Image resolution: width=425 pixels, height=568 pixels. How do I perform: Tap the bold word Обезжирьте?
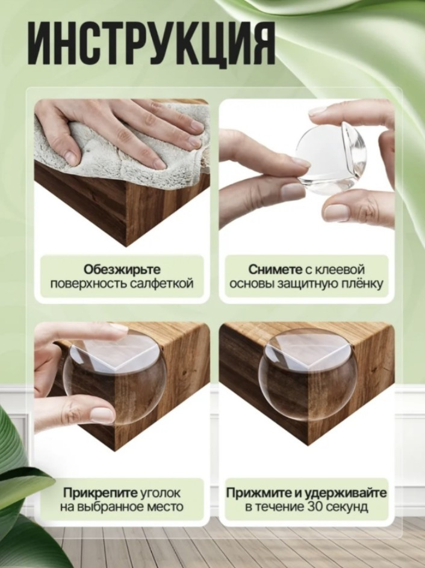point(122,270)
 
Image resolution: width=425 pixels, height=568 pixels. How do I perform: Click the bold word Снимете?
point(275,270)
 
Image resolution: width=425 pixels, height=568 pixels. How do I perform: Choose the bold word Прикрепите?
point(101,493)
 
